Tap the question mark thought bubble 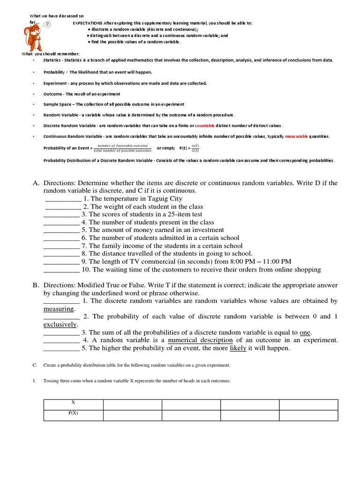[48, 24]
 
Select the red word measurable [296, 136]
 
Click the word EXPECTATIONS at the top [88, 22]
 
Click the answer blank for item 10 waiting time [61, 270]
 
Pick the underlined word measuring [59, 309]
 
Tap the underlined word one [305, 332]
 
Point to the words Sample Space [59, 104]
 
